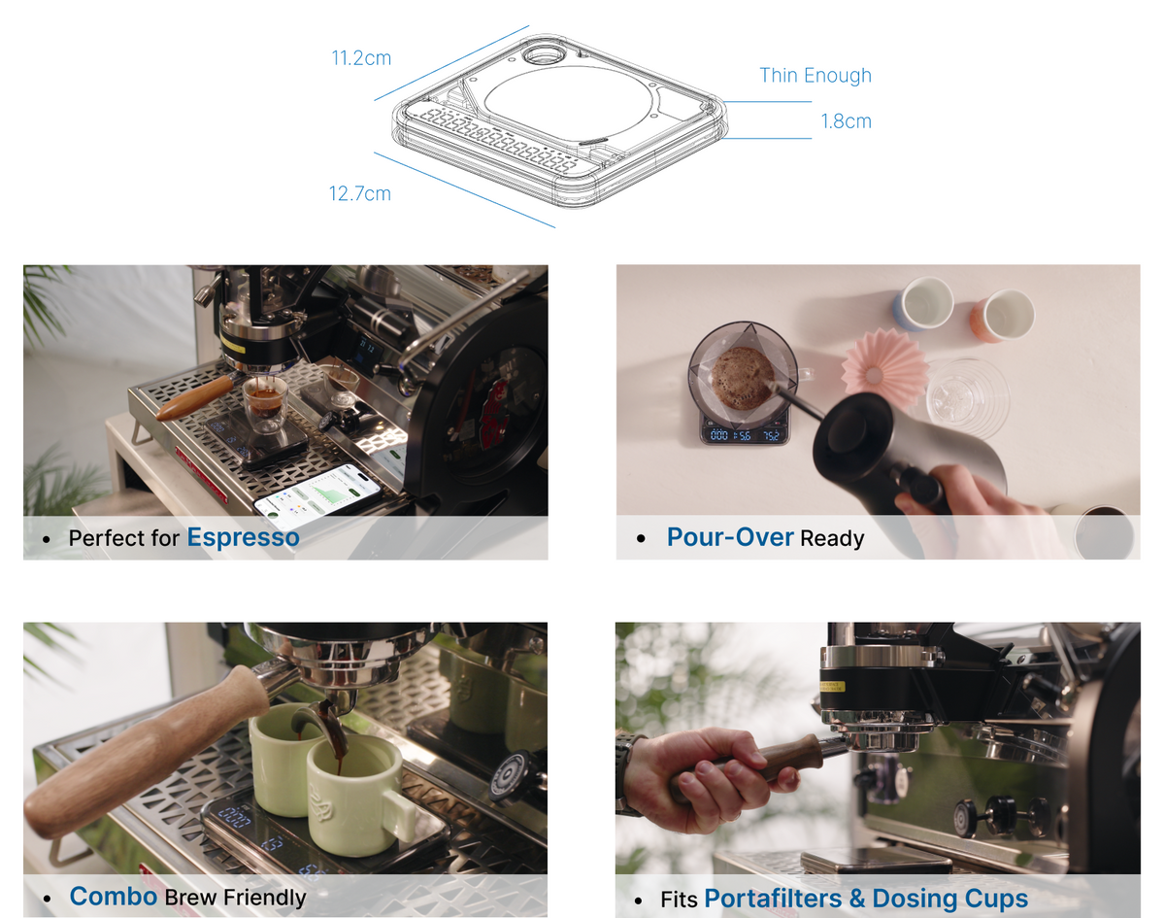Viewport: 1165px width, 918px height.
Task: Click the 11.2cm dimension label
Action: tap(361, 58)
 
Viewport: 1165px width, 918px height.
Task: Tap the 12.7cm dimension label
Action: tap(359, 193)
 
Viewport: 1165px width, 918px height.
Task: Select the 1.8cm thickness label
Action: tap(846, 121)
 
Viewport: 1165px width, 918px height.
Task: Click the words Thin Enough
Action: tap(815, 76)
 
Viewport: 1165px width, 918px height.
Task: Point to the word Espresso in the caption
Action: tap(243, 537)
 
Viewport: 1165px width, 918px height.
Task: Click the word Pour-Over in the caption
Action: tap(729, 537)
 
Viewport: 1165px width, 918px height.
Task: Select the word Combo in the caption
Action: tap(113, 896)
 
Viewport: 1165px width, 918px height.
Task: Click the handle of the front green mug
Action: tap(399, 811)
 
